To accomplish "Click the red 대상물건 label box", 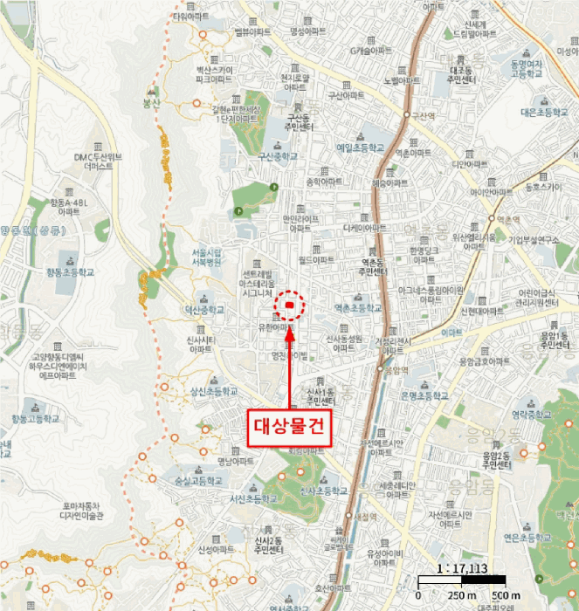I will click(287, 427).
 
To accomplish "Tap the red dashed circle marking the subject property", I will click(289, 305).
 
